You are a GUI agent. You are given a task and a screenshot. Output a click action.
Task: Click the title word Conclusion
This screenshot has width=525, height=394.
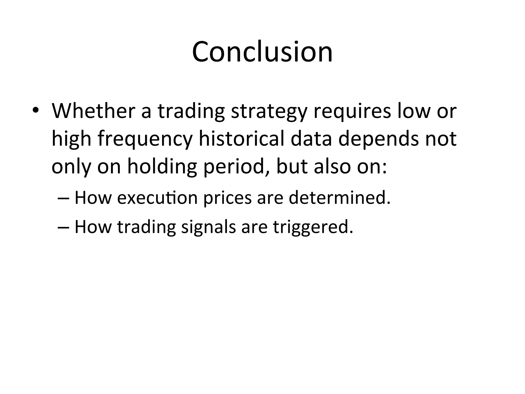click(262, 52)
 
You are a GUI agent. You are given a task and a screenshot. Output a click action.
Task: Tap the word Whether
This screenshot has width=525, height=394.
click(93, 111)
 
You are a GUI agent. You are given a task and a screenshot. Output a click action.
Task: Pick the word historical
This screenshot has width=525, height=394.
click(242, 139)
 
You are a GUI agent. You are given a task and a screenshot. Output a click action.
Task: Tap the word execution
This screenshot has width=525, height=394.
click(157, 198)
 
